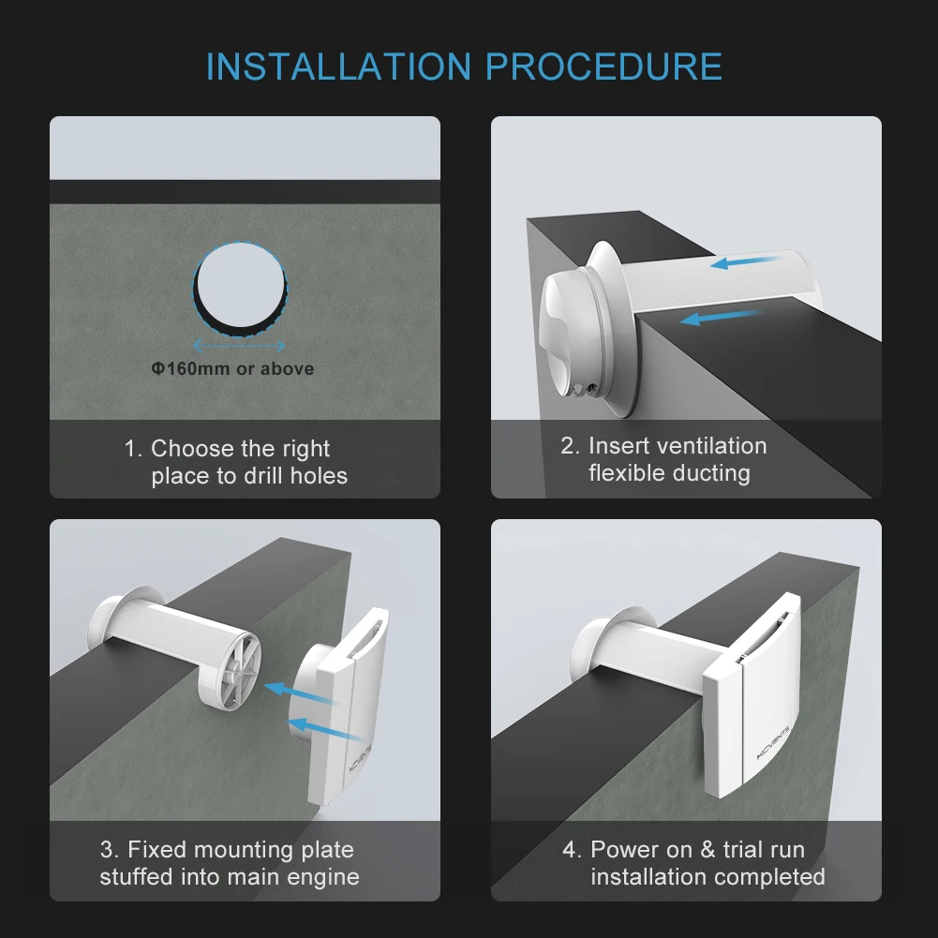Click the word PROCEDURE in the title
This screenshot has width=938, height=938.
[x=603, y=67]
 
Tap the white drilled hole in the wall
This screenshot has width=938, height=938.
[x=241, y=286]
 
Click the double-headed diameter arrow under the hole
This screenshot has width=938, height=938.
[x=239, y=345]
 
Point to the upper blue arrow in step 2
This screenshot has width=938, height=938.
[x=747, y=261]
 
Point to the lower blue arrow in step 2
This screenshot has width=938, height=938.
[x=722, y=317]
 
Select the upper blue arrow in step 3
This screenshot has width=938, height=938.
[x=300, y=694]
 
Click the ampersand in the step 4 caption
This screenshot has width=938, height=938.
[x=708, y=850]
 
